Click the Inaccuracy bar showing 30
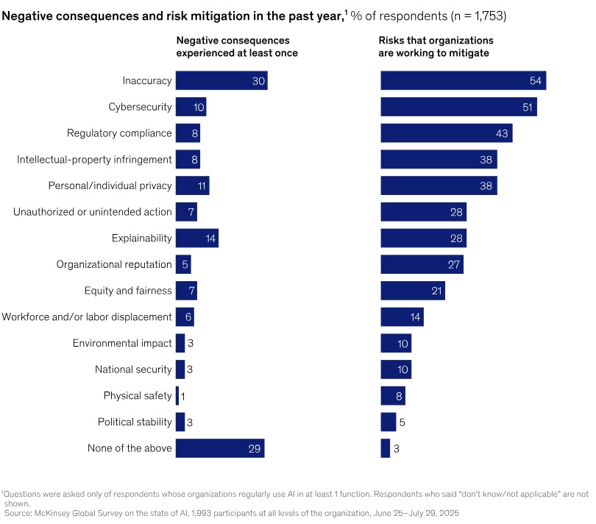pos(221,81)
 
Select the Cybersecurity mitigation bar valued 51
pos(458,107)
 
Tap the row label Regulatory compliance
pos(119,133)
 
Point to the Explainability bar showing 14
pos(196,238)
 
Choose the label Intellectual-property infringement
pos(94,159)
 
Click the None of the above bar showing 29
pos(219,447)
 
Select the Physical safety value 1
pos(182,396)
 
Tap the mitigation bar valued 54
pos(463,81)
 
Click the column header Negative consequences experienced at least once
pos(235,46)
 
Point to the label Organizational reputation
pos(114,264)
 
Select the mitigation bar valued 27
pos(422,264)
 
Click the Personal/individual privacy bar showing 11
pos(192,185)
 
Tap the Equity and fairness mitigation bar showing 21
pos(412,291)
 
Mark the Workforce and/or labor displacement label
pos(87,316)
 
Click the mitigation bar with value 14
pos(402,316)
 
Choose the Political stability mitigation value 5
pos(402,422)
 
